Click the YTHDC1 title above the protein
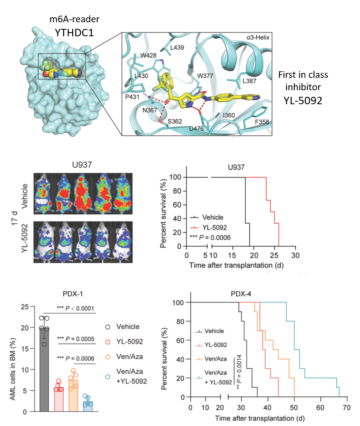[74, 32]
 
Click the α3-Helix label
[257, 37]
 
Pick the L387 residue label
[249, 81]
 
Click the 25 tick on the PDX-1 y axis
[26, 307]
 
